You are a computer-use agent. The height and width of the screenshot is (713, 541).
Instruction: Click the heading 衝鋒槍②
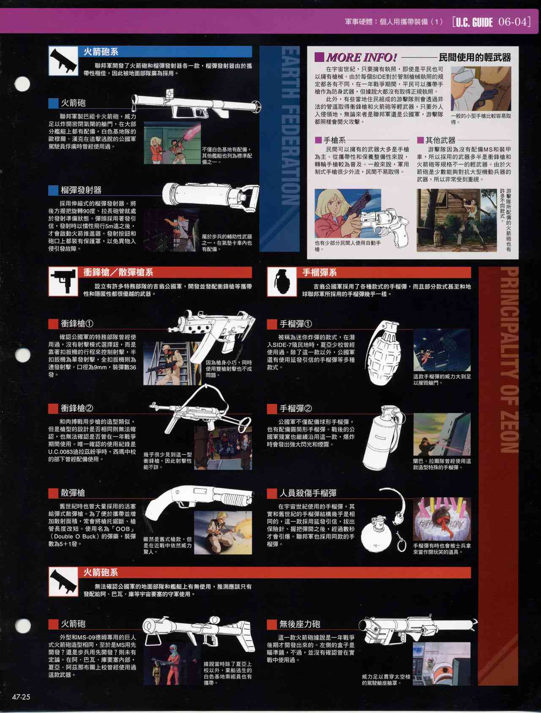pyautogui.click(x=77, y=408)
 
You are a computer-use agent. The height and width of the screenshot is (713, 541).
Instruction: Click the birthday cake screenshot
pyautogui.click(x=442, y=519)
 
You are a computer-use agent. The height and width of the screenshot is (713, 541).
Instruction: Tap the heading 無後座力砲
pyautogui.click(x=300, y=624)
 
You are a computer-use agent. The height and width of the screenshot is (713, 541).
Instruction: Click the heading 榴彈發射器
pyautogui.click(x=81, y=190)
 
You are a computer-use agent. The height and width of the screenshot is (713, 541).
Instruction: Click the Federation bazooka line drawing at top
pyautogui.click(x=197, y=104)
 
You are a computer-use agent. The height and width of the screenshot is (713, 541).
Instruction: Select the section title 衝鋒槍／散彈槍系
pyautogui.click(x=118, y=273)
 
